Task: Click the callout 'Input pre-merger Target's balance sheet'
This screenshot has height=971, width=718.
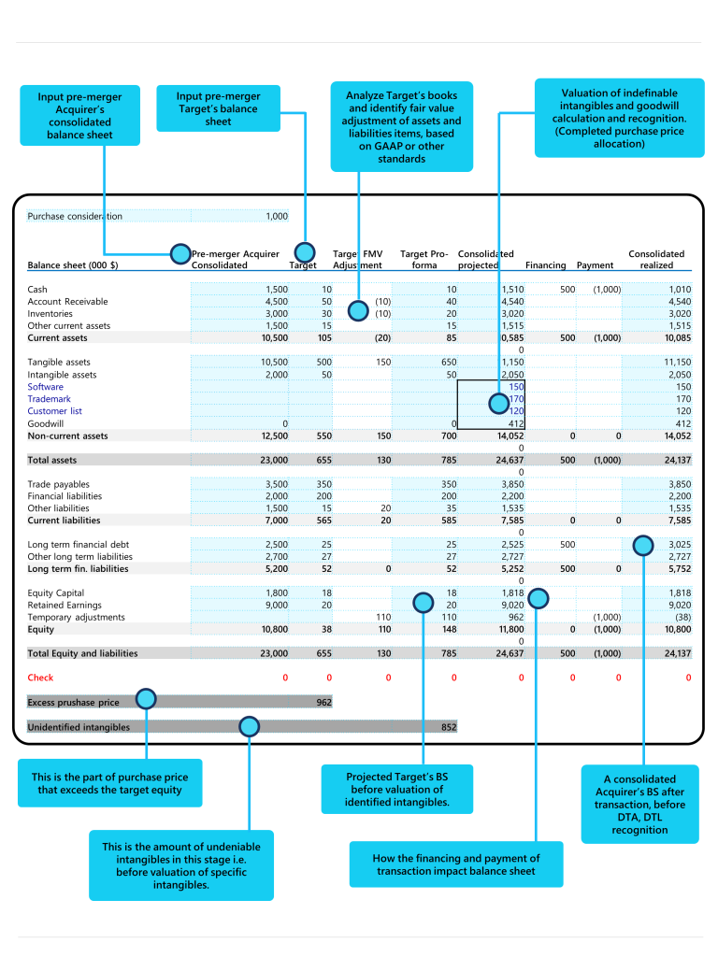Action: (218, 109)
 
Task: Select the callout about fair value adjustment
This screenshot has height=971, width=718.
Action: (401, 126)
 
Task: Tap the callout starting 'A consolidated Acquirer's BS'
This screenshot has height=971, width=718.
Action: (639, 804)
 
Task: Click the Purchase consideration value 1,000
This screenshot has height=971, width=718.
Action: (277, 216)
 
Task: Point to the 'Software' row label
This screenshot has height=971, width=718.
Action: (46, 387)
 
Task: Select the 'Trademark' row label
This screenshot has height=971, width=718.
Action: (49, 399)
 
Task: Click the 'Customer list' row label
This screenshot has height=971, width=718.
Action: (54, 411)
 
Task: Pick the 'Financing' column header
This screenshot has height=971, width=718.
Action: (545, 265)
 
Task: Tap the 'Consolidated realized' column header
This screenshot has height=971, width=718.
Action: (656, 260)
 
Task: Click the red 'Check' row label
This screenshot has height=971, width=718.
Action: (40, 678)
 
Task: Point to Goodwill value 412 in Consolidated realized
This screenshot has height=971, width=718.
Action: (682, 423)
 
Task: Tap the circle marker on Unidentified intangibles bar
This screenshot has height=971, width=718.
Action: (249, 725)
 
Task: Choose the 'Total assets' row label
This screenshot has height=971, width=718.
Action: (52, 460)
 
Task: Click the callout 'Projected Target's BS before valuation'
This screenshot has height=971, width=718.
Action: (396, 789)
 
